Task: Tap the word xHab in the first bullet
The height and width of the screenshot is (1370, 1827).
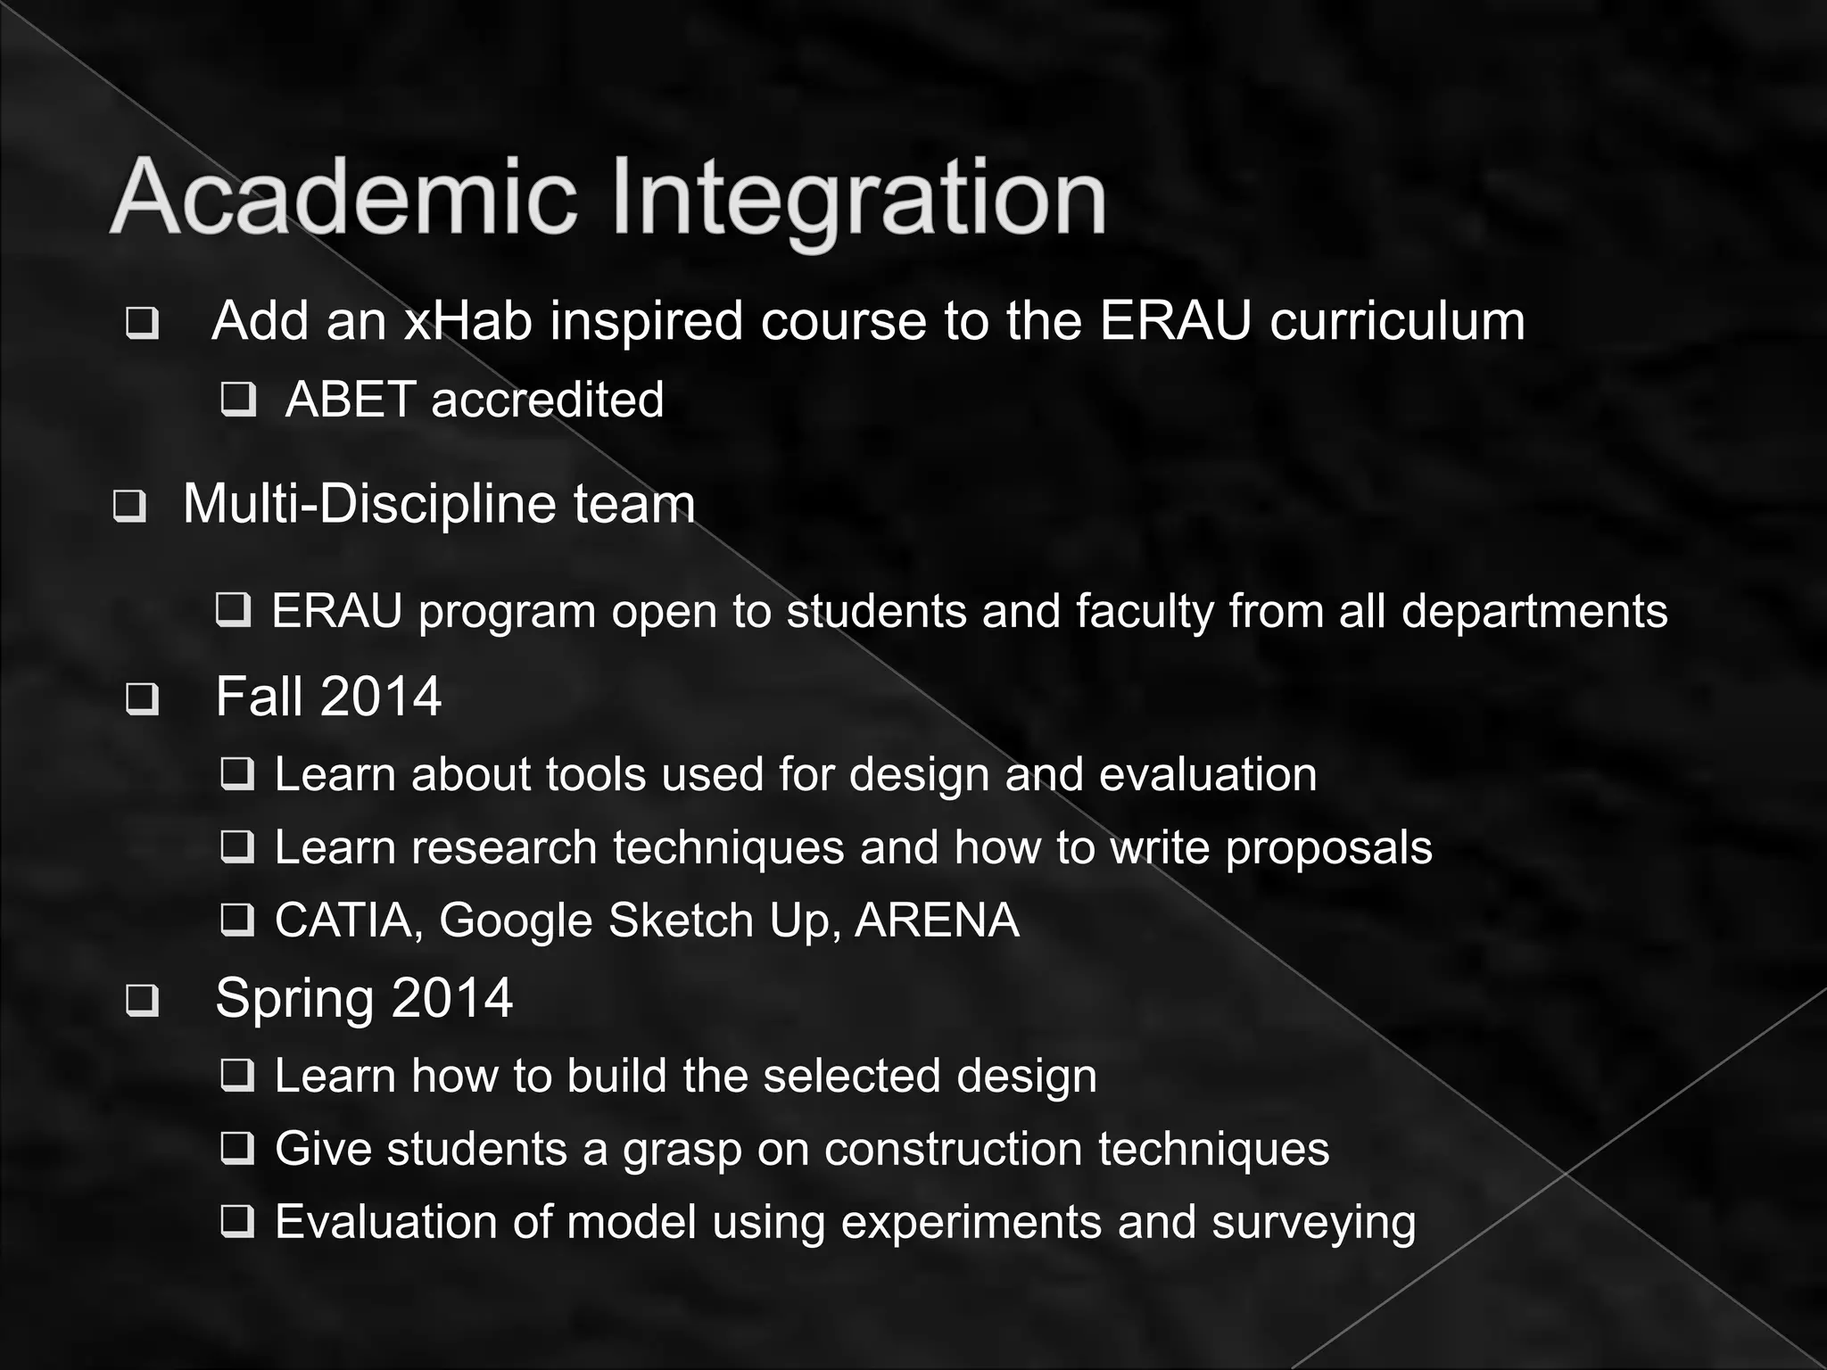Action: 467,320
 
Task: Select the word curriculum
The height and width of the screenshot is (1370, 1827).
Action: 1397,320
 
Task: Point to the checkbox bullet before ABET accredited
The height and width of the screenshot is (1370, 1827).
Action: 238,400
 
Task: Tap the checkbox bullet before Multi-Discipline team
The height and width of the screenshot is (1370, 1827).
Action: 129,507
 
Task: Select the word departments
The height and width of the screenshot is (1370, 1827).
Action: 1534,612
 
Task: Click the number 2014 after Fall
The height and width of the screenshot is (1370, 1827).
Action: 381,697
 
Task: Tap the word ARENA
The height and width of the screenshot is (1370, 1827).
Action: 937,920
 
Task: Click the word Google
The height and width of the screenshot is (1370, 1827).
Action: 516,921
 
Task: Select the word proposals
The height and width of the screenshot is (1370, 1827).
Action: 1328,848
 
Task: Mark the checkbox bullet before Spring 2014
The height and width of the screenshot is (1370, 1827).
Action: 143,1000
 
